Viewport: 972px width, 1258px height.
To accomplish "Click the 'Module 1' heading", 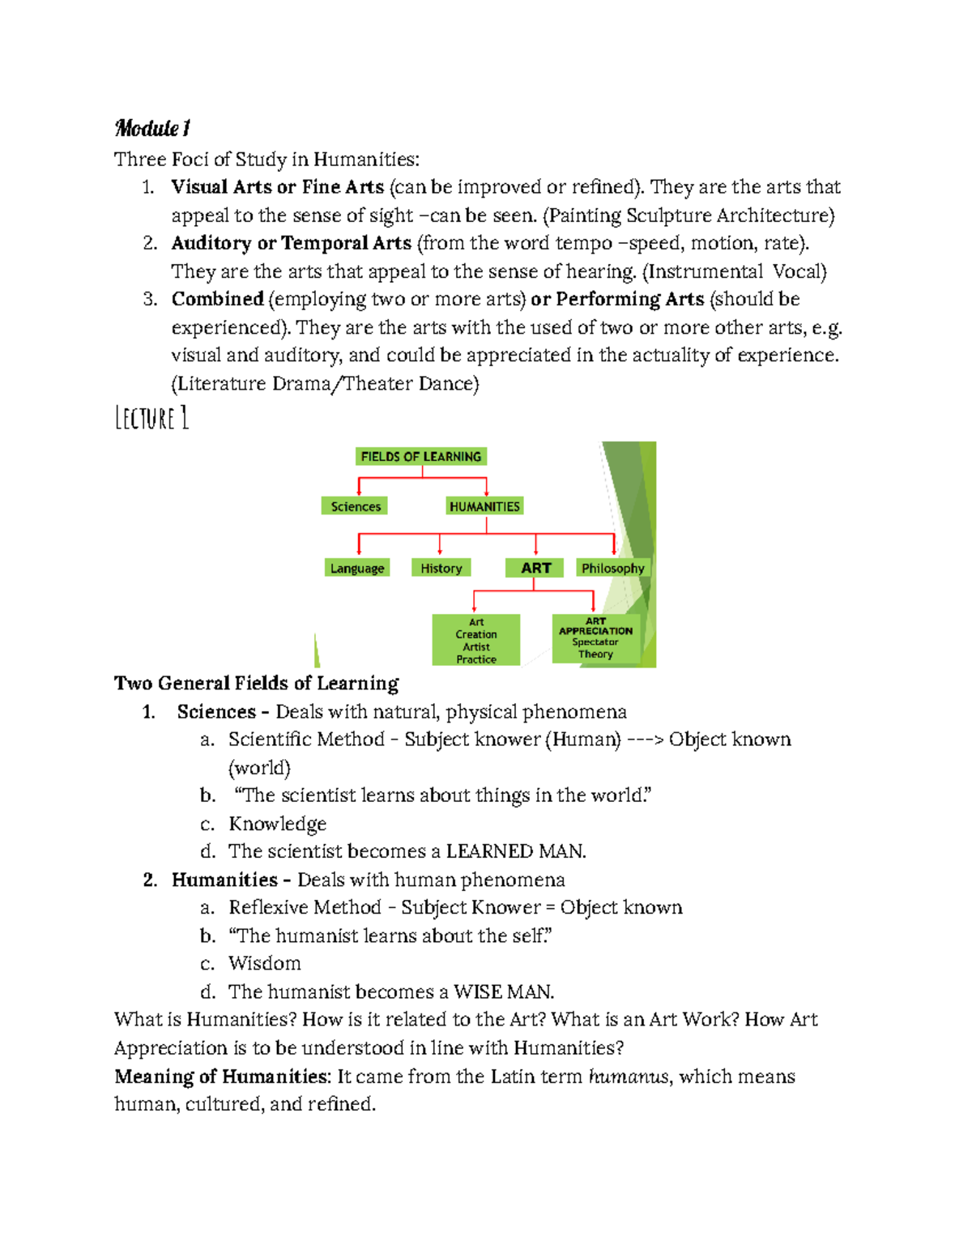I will click(x=152, y=128).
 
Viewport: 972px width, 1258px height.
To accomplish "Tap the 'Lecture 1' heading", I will click(x=151, y=418).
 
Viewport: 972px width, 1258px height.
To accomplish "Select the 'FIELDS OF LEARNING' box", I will click(x=420, y=457).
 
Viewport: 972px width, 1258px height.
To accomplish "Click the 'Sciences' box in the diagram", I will click(x=355, y=506).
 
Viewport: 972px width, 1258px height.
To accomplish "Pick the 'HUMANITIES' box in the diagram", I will click(x=484, y=506).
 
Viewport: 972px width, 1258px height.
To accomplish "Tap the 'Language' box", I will click(x=356, y=568).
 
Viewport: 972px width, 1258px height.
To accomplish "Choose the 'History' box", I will click(x=441, y=568).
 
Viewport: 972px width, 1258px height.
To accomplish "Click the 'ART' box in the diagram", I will click(x=535, y=568).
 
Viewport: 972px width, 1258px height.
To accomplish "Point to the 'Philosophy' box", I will click(x=612, y=568).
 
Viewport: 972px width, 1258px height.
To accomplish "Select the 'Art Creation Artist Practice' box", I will click(x=475, y=640).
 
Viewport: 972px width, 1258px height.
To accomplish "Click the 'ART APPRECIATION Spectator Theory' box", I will click(x=595, y=638).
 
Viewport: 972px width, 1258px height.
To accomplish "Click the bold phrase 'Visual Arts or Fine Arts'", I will click(x=277, y=187).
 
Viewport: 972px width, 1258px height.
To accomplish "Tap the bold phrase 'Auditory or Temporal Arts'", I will click(x=291, y=243).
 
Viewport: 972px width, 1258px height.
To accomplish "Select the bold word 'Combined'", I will click(x=217, y=299).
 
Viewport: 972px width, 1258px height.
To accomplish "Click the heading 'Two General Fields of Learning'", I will click(x=256, y=683).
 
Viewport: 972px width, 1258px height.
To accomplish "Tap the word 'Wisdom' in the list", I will click(x=264, y=963).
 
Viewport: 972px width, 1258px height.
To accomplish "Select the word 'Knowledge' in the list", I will click(x=277, y=824).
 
